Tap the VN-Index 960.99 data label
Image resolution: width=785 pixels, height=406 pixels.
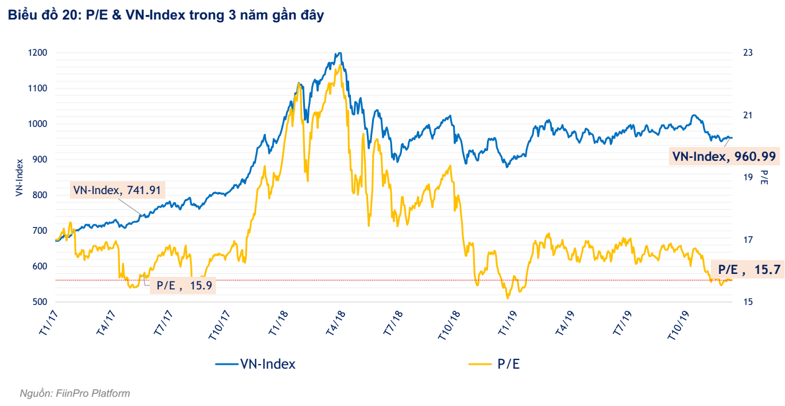pyautogui.click(x=725, y=156)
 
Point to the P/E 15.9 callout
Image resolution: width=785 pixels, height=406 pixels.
pyautogui.click(x=183, y=285)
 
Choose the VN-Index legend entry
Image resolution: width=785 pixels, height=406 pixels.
pyautogui.click(x=256, y=364)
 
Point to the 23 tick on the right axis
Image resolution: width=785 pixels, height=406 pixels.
pyautogui.click(x=748, y=53)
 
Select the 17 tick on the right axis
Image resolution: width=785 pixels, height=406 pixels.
pyautogui.click(x=748, y=239)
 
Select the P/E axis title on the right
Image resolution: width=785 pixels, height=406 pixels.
pyautogui.click(x=764, y=177)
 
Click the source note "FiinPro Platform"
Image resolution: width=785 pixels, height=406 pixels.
pyautogui.click(x=75, y=393)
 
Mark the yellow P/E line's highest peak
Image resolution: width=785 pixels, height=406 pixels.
pyautogui.click(x=341, y=66)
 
